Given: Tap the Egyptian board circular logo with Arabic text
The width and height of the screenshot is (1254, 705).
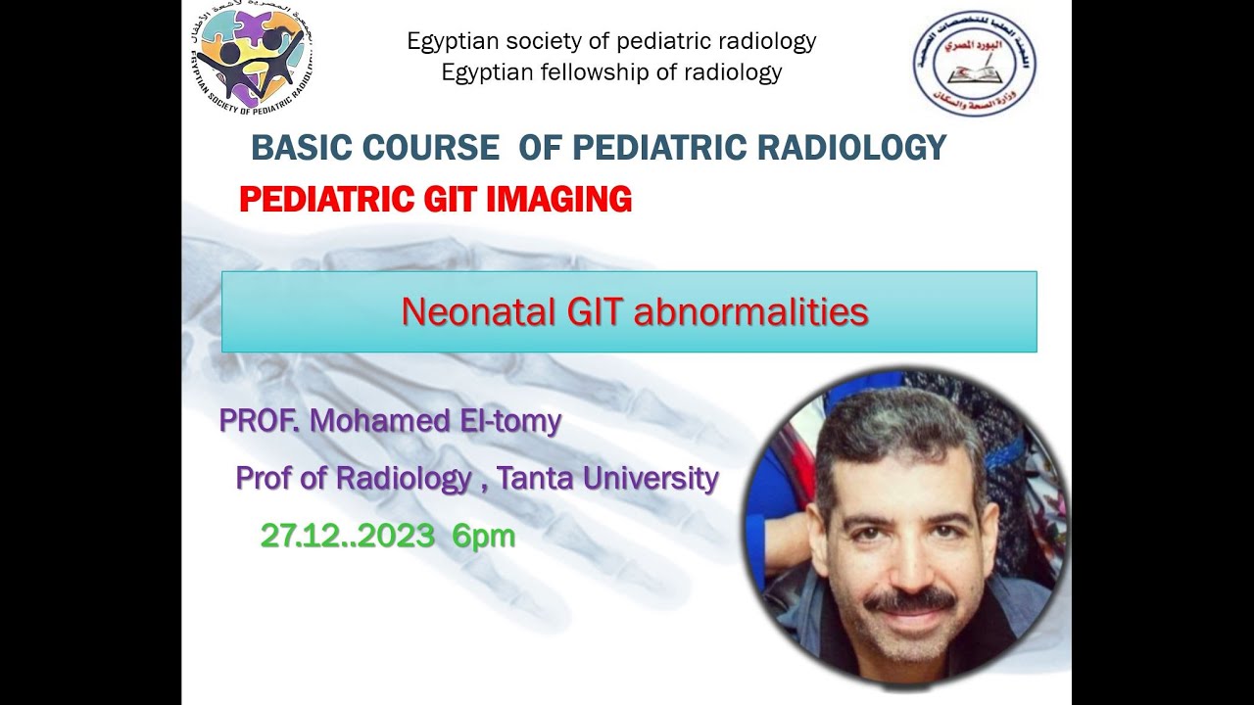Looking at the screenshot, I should [974, 64].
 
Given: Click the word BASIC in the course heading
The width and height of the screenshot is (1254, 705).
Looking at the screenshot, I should [301, 148].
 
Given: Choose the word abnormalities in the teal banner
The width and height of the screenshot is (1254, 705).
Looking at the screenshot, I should [750, 312].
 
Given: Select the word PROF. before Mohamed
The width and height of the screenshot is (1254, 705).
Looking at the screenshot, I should [259, 421].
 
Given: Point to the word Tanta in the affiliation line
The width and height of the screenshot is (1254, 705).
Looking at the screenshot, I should [535, 478].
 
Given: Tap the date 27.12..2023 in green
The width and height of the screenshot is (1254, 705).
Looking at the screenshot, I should [347, 536].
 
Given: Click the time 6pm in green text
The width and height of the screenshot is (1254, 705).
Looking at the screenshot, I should [483, 536].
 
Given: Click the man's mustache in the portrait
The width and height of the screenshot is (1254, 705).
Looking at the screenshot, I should [909, 599].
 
